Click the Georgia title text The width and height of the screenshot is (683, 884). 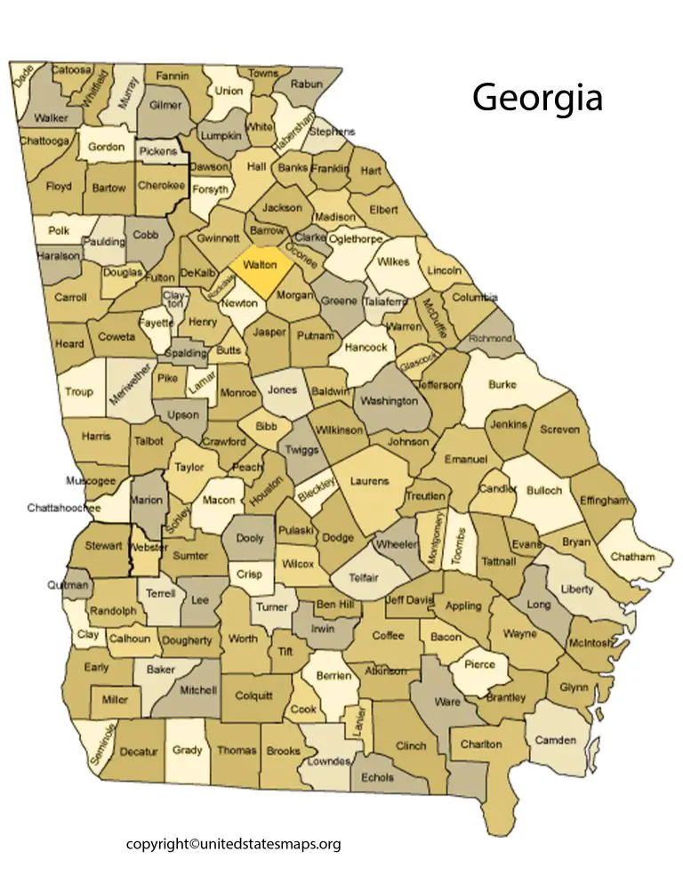point(537,97)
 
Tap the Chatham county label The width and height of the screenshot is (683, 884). point(632,557)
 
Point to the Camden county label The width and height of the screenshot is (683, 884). point(555,740)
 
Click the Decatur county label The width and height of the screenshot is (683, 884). point(138,751)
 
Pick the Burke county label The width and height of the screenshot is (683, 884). point(502,385)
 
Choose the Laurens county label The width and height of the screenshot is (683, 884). point(369,481)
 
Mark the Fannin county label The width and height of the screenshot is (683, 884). point(173,76)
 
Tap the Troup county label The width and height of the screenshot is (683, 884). point(78,391)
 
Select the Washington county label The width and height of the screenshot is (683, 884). point(390,400)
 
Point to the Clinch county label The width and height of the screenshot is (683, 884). point(411,746)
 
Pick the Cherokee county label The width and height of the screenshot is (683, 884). point(162,186)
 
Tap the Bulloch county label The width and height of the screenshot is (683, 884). point(544,490)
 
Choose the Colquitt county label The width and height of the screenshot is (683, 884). point(254,695)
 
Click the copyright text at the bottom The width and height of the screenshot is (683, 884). point(233,844)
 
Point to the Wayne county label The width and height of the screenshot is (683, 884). point(520,634)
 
